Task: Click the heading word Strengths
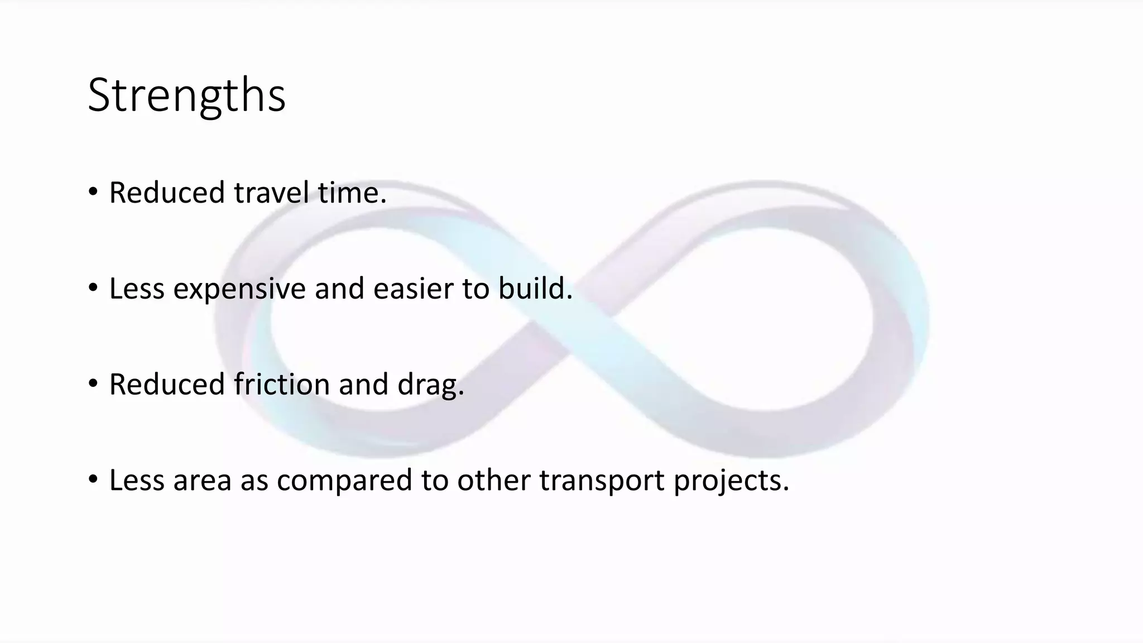point(186,95)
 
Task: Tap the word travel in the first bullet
point(271,193)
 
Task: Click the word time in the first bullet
point(352,193)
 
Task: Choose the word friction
point(282,385)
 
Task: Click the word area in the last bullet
point(202,481)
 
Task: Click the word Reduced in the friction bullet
point(166,385)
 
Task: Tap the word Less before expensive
point(137,289)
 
